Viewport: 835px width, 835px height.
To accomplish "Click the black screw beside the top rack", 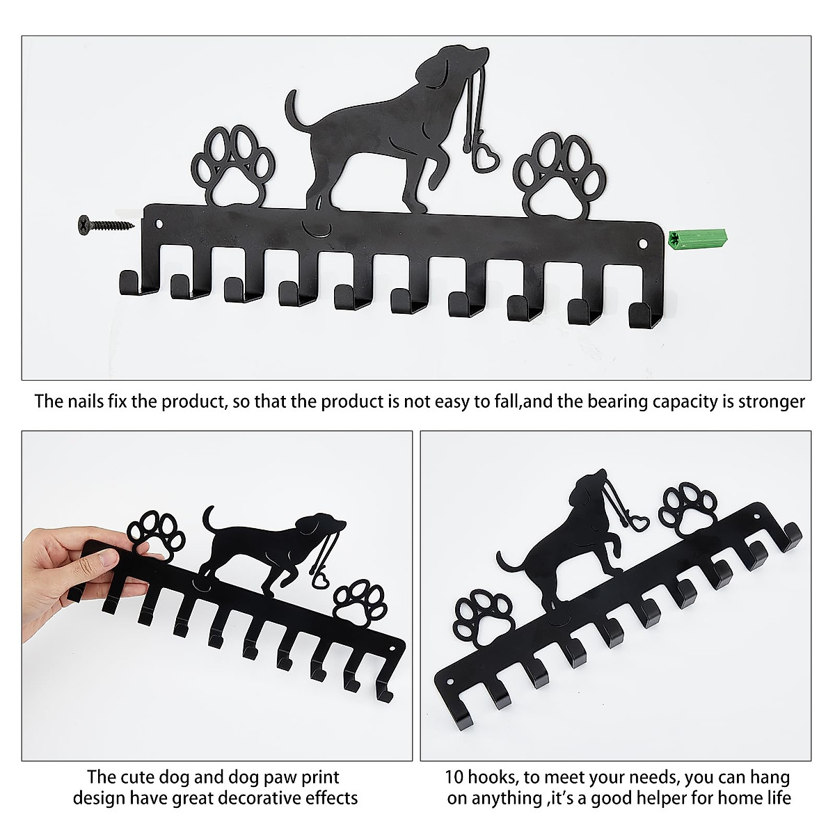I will coord(104,224).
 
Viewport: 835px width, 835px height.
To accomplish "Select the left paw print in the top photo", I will coord(230,168).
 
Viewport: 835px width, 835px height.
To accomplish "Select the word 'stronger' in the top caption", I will coord(772,401).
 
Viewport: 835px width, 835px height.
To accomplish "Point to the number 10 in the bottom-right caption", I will coord(454,777).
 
